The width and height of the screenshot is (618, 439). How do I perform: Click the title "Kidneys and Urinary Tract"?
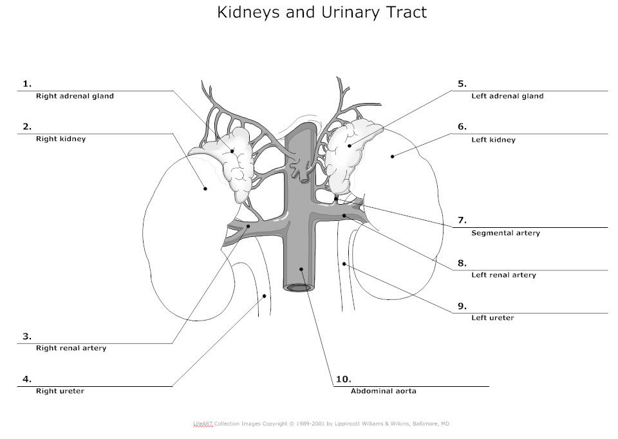pyautogui.click(x=322, y=12)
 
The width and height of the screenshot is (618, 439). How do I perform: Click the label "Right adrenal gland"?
pyautogui.click(x=75, y=97)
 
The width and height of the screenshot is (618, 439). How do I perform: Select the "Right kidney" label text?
pyautogui.click(x=61, y=139)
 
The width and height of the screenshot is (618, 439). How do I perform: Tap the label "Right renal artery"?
pyautogui.click(x=71, y=348)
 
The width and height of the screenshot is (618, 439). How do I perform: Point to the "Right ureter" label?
pyautogui.click(x=60, y=391)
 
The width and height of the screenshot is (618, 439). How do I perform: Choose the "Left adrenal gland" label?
pyautogui.click(x=507, y=97)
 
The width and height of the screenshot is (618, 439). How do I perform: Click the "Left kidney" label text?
pyautogui.click(x=493, y=140)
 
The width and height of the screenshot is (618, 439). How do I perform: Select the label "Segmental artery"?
pyautogui.click(x=505, y=233)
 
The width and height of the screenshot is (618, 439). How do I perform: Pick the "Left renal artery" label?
pyautogui.click(x=503, y=276)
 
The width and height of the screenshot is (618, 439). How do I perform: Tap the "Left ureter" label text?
pyautogui.click(x=492, y=318)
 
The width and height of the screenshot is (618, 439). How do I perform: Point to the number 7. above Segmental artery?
pyautogui.click(x=462, y=220)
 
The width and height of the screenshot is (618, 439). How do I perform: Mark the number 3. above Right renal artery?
pyautogui.click(x=27, y=336)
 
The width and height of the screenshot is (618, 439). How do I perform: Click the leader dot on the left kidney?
pyautogui.click(x=392, y=155)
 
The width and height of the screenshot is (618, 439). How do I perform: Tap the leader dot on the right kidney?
pyautogui.click(x=205, y=188)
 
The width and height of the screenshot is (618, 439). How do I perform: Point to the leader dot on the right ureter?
pyautogui.click(x=265, y=296)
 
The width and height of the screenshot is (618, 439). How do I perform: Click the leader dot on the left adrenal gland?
pyautogui.click(x=351, y=145)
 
